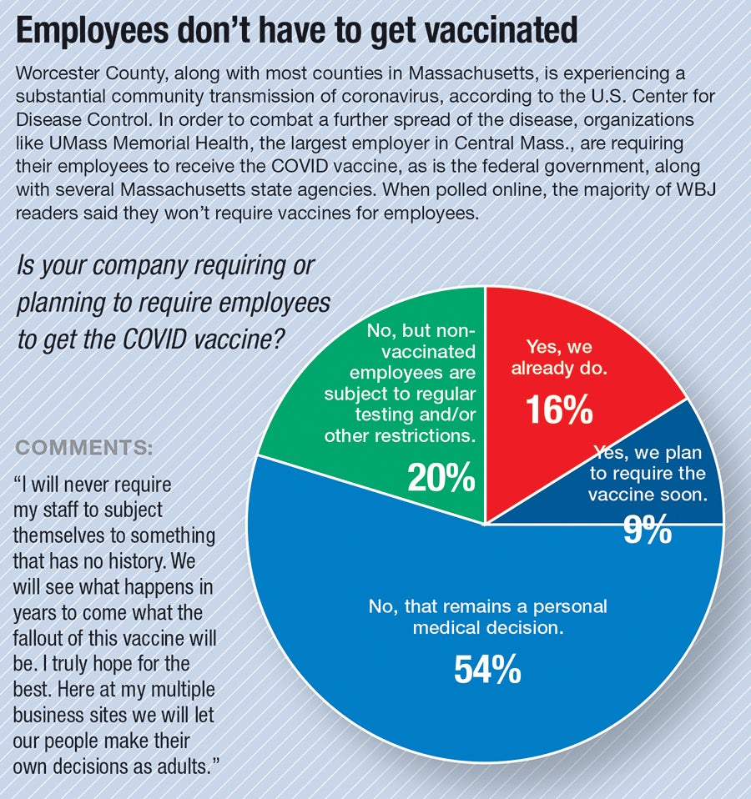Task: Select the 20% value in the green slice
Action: (441, 477)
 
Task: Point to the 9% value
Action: (648, 530)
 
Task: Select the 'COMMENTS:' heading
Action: (84, 447)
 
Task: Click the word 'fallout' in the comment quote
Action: (40, 640)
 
